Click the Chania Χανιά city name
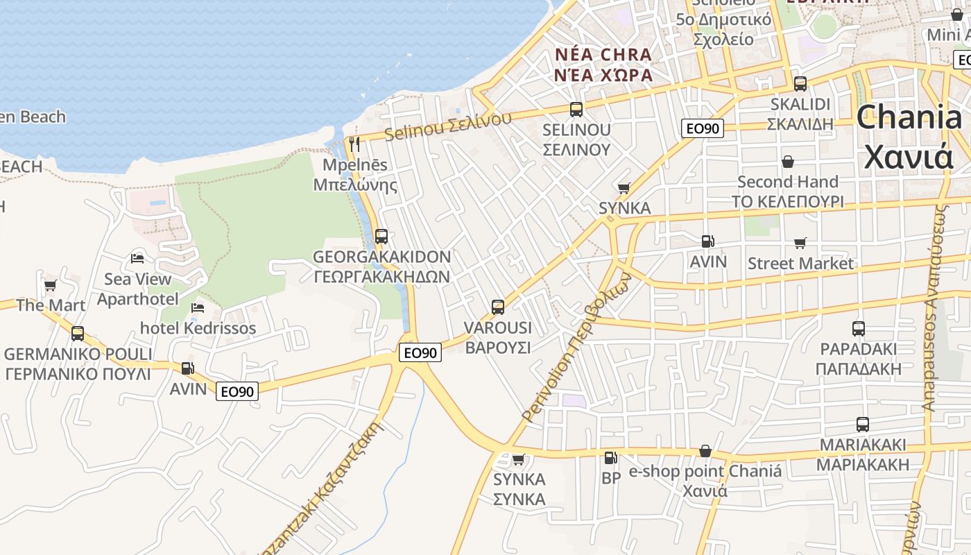[x=909, y=137]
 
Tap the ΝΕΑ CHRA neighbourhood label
[x=603, y=55]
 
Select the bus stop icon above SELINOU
[x=576, y=109]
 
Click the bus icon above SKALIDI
[x=800, y=84]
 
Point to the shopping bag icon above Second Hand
[x=788, y=162]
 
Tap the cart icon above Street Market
[x=800, y=243]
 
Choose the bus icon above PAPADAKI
[x=859, y=328]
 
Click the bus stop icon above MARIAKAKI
[x=863, y=424]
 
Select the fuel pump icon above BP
[x=610, y=457]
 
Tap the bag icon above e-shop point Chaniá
[x=705, y=451]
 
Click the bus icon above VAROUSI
[x=498, y=307]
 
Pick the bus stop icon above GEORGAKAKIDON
[x=381, y=236]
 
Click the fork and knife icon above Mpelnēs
[x=354, y=144]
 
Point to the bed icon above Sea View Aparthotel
[x=137, y=258]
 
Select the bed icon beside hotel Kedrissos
[x=198, y=307]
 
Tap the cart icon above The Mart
[x=51, y=284]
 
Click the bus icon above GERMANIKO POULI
[x=78, y=334]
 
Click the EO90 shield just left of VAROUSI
[x=420, y=352]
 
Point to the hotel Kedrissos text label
[x=198, y=328]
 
